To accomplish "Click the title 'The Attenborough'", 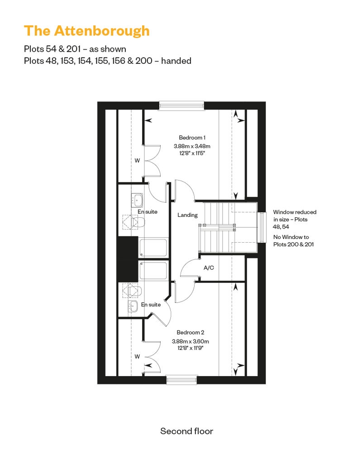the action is click(87, 31).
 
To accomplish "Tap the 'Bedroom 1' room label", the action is click(192, 138).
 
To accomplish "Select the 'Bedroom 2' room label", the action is click(191, 332).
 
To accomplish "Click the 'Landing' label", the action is click(187, 215).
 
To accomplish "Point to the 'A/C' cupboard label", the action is click(209, 268).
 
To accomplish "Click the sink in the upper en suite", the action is click(137, 200).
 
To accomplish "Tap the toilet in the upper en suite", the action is click(138, 222).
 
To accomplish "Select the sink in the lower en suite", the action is click(133, 306).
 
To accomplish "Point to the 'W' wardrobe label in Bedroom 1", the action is click(137, 161).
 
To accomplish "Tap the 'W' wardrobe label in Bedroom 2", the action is click(137, 357).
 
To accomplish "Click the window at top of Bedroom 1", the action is click(181, 105).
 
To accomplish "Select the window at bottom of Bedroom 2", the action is click(182, 380).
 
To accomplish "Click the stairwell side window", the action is click(262, 227).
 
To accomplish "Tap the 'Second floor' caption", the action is click(187, 431).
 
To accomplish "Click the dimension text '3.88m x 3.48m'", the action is click(192, 146).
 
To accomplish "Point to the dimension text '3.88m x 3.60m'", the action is click(191, 341).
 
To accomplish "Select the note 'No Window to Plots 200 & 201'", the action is click(294, 240).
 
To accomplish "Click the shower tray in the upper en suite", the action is click(153, 247).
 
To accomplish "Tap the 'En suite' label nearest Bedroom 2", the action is click(151, 305).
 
